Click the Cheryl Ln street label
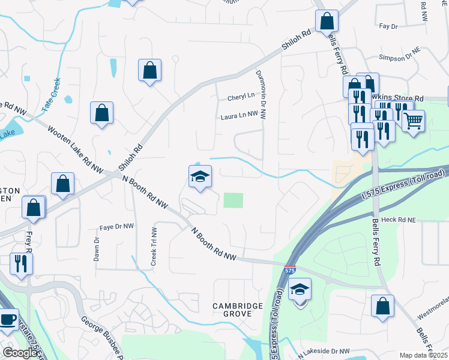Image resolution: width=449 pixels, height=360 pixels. pos(241,96)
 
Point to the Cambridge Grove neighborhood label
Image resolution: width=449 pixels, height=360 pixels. pos(238,311)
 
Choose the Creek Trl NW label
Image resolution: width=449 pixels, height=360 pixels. pos(154,247)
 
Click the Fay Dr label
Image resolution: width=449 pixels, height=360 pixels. pos(389,26)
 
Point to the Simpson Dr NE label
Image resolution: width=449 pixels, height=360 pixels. pos(400,58)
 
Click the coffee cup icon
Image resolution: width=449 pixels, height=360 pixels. pos(8,320)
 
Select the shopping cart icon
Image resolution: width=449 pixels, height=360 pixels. pos(412,121)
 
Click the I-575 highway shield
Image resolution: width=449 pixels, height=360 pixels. pos(290,271)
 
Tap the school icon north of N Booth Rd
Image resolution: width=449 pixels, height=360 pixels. pos(200,176)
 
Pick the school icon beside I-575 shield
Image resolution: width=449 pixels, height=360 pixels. pos(300,290)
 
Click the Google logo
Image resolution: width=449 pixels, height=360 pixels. pos(20,353)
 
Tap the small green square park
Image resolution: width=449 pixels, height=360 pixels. pos(234,200)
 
